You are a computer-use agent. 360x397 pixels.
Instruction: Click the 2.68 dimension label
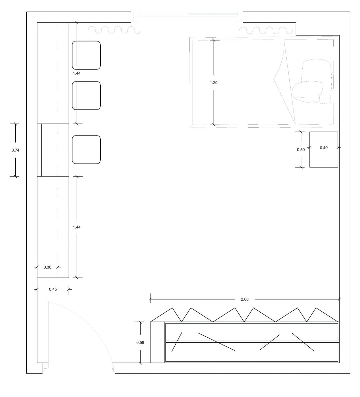tap(245, 299)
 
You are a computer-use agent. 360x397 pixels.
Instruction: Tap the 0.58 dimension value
tap(140, 343)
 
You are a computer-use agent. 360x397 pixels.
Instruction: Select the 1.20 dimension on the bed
tap(214, 83)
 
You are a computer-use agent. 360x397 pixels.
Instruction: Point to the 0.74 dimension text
tap(15, 150)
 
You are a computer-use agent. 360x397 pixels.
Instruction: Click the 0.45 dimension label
tap(53, 289)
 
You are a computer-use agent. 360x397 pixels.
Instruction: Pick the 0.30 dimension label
tap(47, 267)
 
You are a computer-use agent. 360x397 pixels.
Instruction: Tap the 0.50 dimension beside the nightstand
tap(301, 150)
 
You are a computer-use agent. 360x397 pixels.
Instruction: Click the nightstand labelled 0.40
tap(324, 149)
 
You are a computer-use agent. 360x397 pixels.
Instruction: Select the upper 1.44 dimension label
tap(77, 73)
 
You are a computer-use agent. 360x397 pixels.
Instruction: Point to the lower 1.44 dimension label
tap(77, 227)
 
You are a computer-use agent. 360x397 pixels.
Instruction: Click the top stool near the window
tap(86, 55)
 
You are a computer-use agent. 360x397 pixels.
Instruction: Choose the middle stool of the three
tap(86, 95)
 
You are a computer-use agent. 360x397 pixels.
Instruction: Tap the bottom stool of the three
tap(86, 150)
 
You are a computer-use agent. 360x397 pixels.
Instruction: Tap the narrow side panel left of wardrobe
tap(157, 342)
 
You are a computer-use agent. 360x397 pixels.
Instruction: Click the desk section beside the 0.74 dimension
tap(53, 150)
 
